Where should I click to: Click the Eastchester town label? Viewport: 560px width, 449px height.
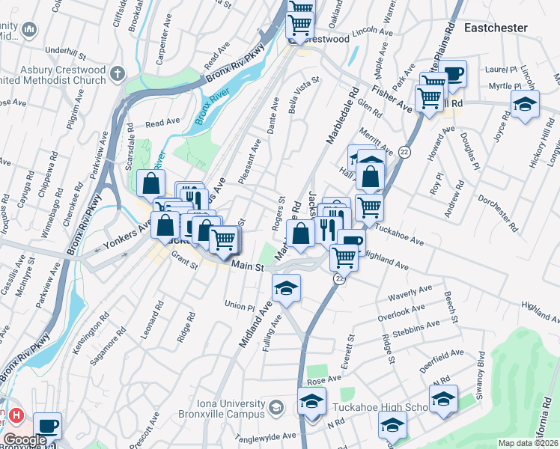point(496,28)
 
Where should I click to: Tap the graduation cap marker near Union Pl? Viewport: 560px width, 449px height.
point(286,288)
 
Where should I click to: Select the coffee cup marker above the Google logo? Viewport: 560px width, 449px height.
point(48,425)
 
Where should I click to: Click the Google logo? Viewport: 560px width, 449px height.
point(25,440)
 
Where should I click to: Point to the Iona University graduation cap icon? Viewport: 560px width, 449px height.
point(276,407)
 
